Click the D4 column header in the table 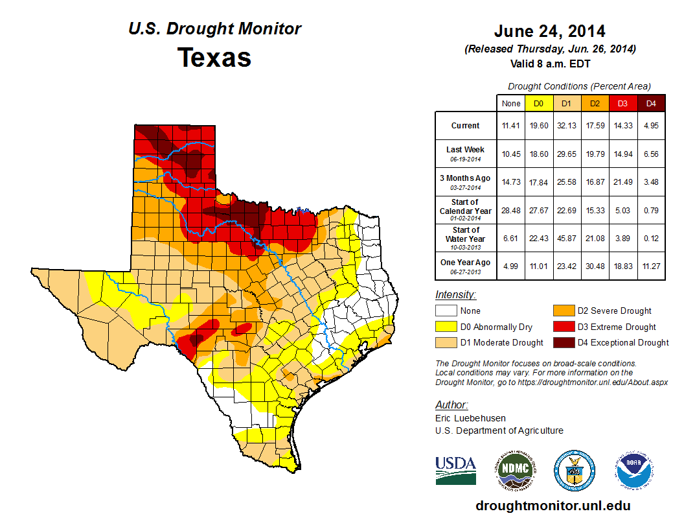651,103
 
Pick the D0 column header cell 538,103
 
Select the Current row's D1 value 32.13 566,126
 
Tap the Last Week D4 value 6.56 651,154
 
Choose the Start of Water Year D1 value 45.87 566,238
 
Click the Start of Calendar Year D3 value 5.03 622,210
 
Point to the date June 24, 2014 549,31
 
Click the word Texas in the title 214,58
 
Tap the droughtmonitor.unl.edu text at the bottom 553,506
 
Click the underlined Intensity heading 455,295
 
